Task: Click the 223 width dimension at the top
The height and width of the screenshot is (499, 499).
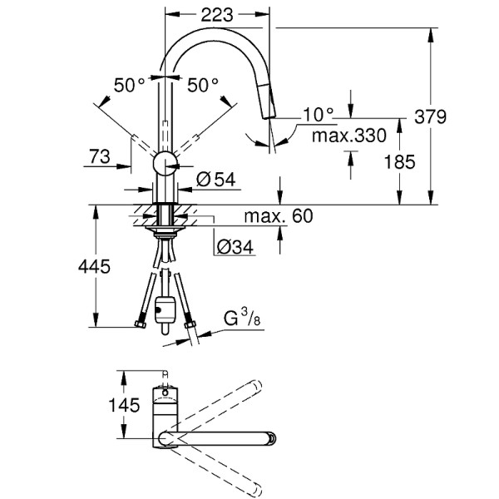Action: (219, 14)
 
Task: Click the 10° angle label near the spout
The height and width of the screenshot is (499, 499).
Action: (319, 114)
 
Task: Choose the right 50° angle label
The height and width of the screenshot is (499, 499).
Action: (202, 84)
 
